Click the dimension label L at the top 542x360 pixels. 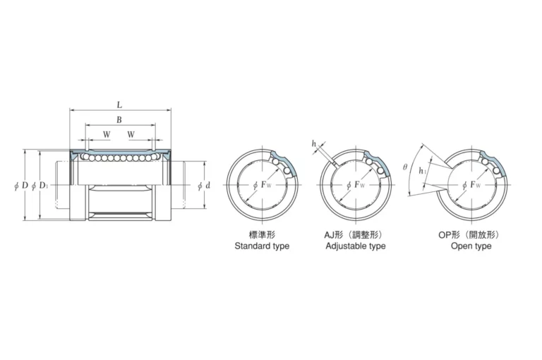pyautogui.click(x=119, y=104)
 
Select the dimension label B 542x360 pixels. pyautogui.click(x=119, y=120)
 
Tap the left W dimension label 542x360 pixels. pyautogui.click(x=107, y=134)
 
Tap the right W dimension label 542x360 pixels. pyautogui.click(x=131, y=134)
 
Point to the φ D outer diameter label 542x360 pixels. pyautogui.click(x=21, y=186)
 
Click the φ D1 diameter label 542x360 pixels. pyautogui.click(x=40, y=186)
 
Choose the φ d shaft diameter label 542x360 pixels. pyautogui.click(x=204, y=186)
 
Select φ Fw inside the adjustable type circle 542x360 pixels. pyautogui.click(x=356, y=185)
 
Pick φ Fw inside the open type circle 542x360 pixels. pyautogui.click(x=471, y=185)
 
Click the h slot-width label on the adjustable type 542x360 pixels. pyautogui.click(x=314, y=143)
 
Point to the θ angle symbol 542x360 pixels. pyautogui.click(x=405, y=167)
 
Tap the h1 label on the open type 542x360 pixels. pyautogui.click(x=422, y=171)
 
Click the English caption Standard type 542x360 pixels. pyautogui.click(x=262, y=246)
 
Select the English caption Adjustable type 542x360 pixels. pyautogui.click(x=356, y=246)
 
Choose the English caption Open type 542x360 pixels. pyautogui.click(x=471, y=246)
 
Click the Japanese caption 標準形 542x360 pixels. pyautogui.click(x=262, y=235)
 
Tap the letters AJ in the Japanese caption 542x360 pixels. pyautogui.click(x=329, y=235)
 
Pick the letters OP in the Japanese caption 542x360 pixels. pyautogui.click(x=444, y=235)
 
